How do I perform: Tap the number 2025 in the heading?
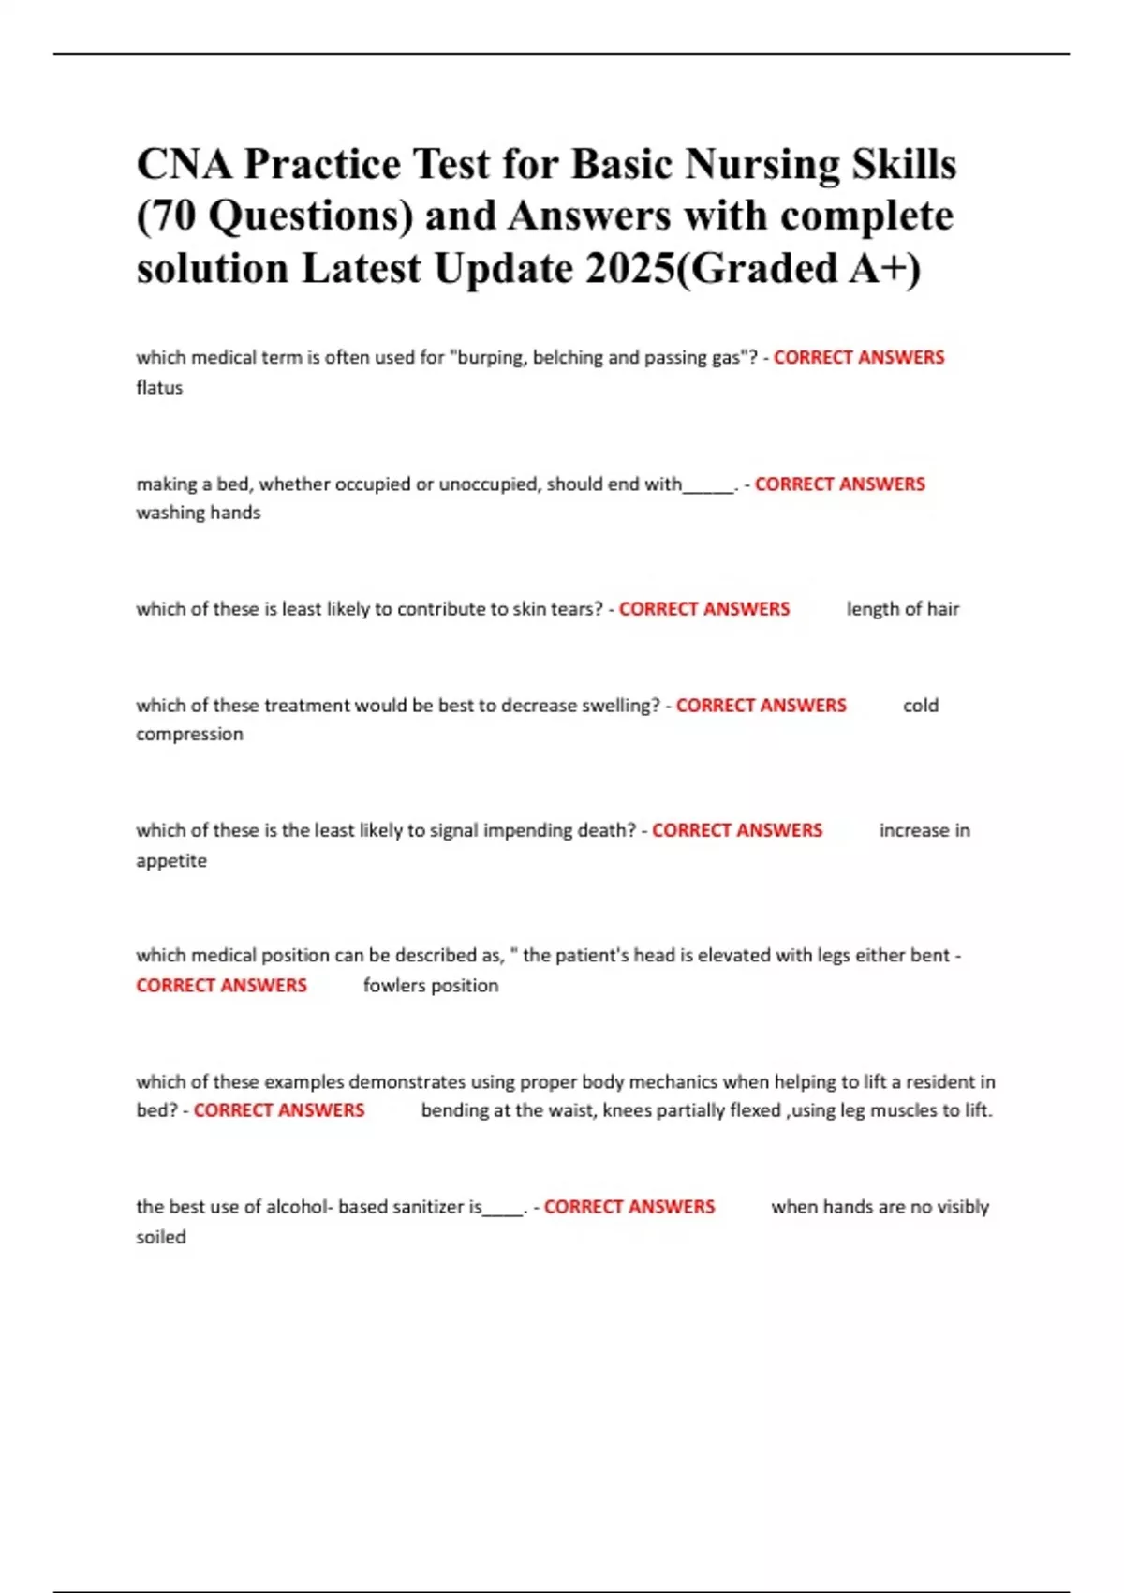(629, 269)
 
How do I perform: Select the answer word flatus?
(159, 387)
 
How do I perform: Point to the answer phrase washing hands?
(199, 513)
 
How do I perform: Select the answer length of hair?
(903, 609)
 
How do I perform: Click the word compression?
(189, 734)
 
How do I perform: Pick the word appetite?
(171, 860)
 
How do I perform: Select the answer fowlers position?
(431, 986)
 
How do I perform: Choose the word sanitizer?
(428, 1207)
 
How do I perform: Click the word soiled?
(161, 1237)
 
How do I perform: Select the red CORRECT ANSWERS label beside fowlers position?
(221, 986)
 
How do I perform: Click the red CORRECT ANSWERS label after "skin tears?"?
(704, 609)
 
